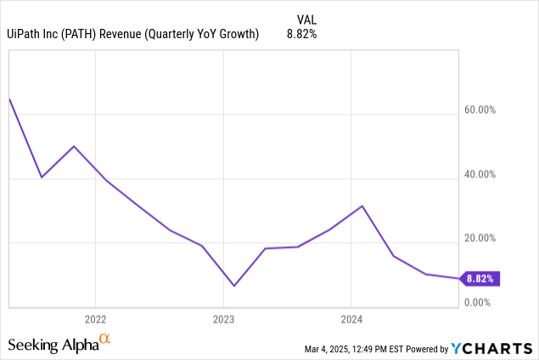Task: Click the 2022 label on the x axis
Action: coord(95,319)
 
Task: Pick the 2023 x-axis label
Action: coord(223,319)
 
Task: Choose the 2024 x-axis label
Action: coord(351,319)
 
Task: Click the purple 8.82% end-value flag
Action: coord(481,278)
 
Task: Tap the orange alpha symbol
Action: coord(105,340)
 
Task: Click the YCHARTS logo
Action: coord(491,348)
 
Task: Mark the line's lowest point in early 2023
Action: coord(233,285)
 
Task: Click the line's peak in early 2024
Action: coord(362,205)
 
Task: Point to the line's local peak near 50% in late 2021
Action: coord(74,146)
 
